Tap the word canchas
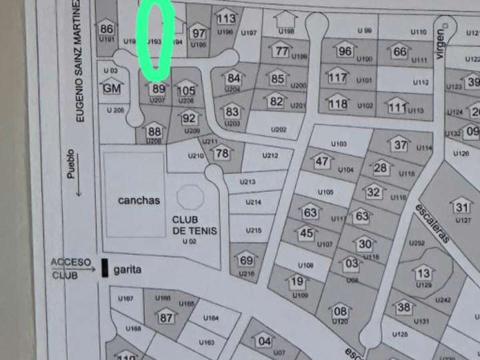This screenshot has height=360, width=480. pyautogui.click(x=139, y=200)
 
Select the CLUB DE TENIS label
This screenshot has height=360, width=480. pyautogui.click(x=195, y=225)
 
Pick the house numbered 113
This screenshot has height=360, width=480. pyautogui.click(x=226, y=18)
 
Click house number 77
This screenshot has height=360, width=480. pyautogui.click(x=282, y=51)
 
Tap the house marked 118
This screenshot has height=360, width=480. pyautogui.click(x=338, y=103)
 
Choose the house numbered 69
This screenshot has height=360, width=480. pyautogui.click(x=246, y=259)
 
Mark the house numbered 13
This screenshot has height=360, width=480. pyautogui.click(x=423, y=273)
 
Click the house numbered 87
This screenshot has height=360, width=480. pyautogui.click(x=166, y=317)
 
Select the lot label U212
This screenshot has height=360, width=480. pyautogui.click(x=270, y=156)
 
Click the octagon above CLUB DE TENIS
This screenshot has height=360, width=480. pyautogui.click(x=191, y=197)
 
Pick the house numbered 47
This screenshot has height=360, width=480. pyautogui.click(x=323, y=161)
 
